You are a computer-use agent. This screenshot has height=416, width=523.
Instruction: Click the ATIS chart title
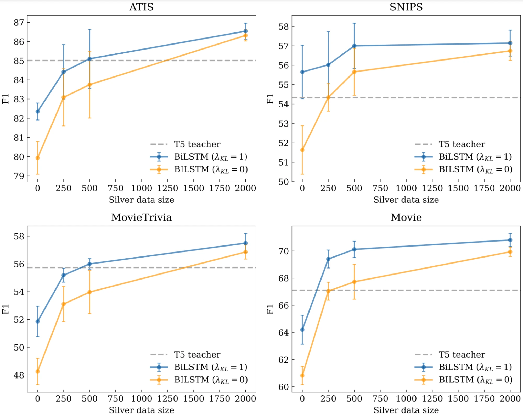pos(141,7)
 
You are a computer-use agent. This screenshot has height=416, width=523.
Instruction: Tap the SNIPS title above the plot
pos(406,7)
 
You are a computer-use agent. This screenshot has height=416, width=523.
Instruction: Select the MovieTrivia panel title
pos(141,217)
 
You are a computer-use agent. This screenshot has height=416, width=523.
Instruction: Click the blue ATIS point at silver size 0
pos(38,111)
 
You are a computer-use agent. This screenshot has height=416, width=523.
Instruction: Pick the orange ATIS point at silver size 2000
pos(245,35)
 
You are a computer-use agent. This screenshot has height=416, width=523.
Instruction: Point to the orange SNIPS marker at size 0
pos(302,150)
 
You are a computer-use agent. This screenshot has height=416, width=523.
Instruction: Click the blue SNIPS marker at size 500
pos(354,46)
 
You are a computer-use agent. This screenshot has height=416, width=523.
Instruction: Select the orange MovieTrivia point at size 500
pos(89,292)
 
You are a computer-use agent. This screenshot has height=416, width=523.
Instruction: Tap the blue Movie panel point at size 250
pos(328,259)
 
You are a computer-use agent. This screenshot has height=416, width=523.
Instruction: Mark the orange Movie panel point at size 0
pos(302,375)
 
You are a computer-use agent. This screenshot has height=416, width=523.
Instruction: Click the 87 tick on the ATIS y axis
pos(19,23)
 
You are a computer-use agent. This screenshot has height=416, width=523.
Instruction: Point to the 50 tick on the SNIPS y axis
pos(284,182)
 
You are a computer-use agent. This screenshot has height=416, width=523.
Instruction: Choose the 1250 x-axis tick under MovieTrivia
pos(167,398)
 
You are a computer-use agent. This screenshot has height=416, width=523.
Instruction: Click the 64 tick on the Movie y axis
pos(284,333)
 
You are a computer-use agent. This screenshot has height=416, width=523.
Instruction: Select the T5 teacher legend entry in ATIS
pos(197,144)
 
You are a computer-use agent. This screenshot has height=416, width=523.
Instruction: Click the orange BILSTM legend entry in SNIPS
pos(475,169)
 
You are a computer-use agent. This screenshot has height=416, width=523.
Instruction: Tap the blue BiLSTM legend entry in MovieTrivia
pos(211,367)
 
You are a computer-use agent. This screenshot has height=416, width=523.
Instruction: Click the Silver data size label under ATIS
pos(141,200)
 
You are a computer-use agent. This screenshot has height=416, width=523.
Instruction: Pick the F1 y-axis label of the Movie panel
pos(270,309)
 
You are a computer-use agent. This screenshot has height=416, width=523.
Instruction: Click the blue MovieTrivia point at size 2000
pos(245,243)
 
